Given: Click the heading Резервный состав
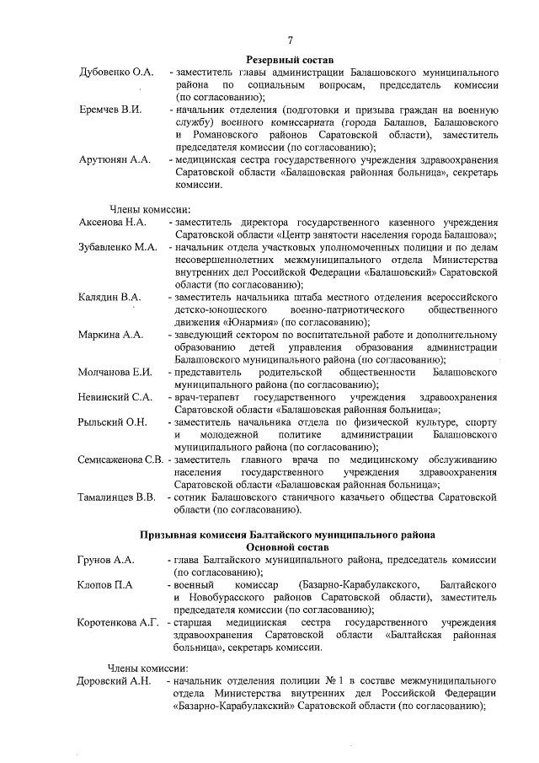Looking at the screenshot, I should (x=290, y=60).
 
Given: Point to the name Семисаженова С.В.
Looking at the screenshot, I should (x=120, y=459).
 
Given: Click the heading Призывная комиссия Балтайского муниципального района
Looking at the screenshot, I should (x=290, y=535).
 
